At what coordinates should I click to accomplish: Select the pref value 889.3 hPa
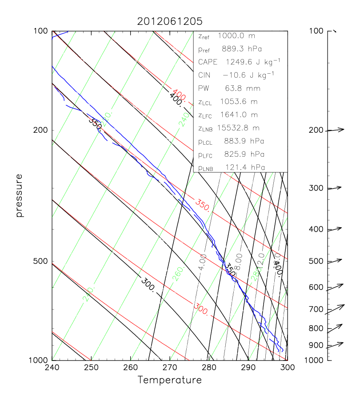[x=243, y=49]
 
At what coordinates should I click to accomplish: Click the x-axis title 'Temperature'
[x=169, y=380]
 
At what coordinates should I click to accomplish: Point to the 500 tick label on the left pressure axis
[x=41, y=261]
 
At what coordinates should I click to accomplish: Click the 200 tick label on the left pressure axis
[x=41, y=130]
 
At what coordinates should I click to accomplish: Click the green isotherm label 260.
[x=178, y=276]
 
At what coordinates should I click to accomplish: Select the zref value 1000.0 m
[x=239, y=36]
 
